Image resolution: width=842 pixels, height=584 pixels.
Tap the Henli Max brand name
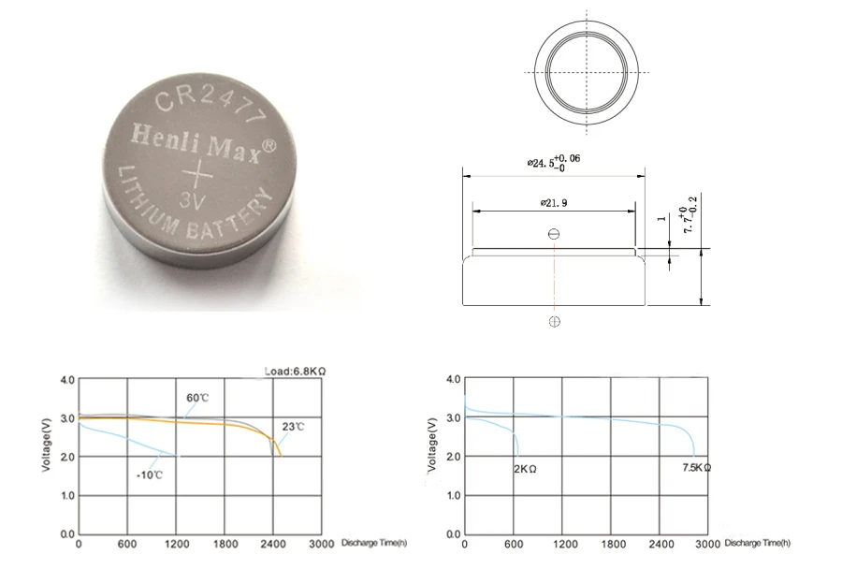coord(196,142)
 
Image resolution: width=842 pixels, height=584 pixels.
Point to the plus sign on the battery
coord(197,173)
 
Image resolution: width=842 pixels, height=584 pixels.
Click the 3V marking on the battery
coord(192,201)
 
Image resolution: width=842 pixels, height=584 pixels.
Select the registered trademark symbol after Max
coord(269,146)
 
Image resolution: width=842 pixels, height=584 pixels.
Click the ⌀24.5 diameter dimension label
coord(553,162)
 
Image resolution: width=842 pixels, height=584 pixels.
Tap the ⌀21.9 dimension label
coord(554,203)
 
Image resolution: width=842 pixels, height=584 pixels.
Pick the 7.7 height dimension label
coord(689,214)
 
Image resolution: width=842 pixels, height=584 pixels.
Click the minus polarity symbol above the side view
coord(554,234)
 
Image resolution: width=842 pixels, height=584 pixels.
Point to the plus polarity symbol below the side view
coord(555,322)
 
